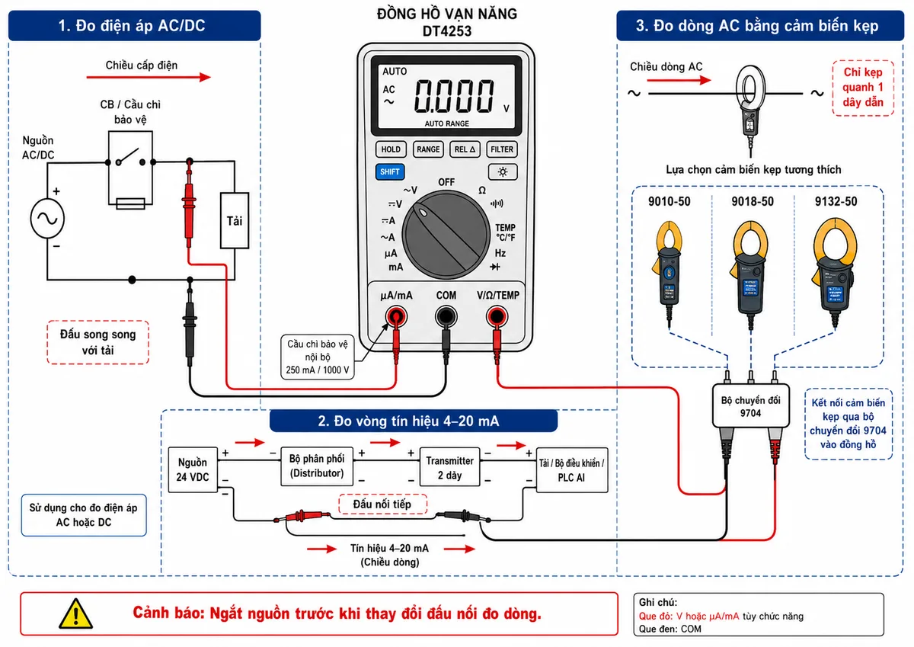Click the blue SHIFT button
pyautogui.click(x=390, y=172)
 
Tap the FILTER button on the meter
pyautogui.click(x=501, y=149)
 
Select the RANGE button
pyautogui.click(x=428, y=149)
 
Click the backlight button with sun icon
pyautogui.click(x=502, y=172)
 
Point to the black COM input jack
pyautogui.click(x=446, y=316)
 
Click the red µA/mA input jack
pyautogui.click(x=396, y=316)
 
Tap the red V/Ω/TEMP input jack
pyautogui.click(x=496, y=316)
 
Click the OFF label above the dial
pyautogui.click(x=446, y=182)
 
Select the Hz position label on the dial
pyautogui.click(x=500, y=253)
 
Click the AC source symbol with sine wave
pyautogui.click(x=47, y=219)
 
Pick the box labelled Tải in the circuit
pyautogui.click(x=235, y=220)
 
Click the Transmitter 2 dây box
pyautogui.click(x=449, y=467)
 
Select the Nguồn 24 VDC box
pyautogui.click(x=193, y=469)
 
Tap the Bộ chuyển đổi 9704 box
pyautogui.click(x=751, y=406)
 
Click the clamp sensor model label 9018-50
pyautogui.click(x=753, y=202)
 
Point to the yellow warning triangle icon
pyautogui.click(x=76, y=614)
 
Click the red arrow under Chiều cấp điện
pyautogui.click(x=149, y=77)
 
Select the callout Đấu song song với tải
pyautogui.click(x=98, y=342)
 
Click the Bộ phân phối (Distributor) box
pyautogui.click(x=317, y=466)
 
